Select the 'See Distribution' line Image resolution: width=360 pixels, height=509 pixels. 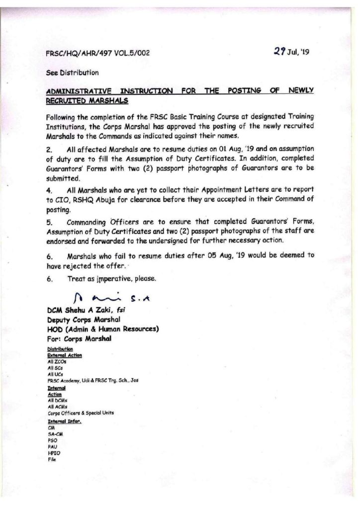tap(72, 72)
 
